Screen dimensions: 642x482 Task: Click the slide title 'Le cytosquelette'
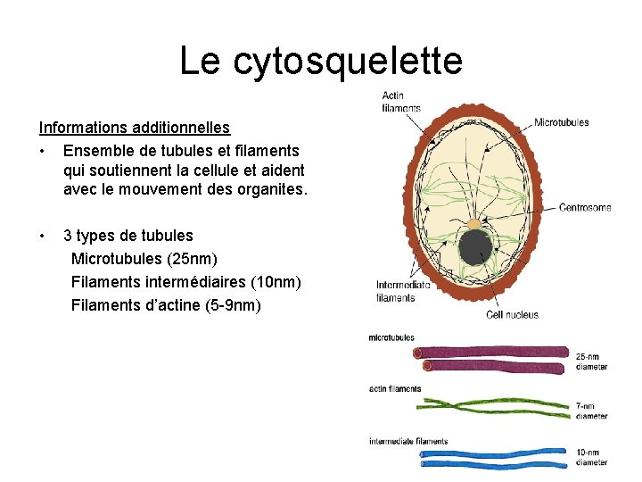(321, 61)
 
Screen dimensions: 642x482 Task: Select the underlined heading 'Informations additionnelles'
(134, 129)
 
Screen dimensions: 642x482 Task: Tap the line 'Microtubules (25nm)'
(156, 259)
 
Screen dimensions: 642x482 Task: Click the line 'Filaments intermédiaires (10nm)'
(185, 282)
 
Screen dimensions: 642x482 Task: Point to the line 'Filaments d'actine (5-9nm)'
(166, 305)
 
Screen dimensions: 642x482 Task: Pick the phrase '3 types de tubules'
(128, 236)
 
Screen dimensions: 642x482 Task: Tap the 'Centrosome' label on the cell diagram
(585, 208)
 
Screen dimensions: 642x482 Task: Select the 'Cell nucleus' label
(512, 314)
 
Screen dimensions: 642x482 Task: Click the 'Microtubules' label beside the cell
(561, 122)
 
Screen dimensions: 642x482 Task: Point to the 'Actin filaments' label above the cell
(400, 102)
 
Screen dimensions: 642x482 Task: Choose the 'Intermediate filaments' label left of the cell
(403, 292)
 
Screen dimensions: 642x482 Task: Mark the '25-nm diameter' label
(591, 361)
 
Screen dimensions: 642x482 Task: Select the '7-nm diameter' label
(591, 411)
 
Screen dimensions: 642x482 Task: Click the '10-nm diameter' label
(591, 457)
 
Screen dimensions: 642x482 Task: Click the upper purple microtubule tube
(490, 352)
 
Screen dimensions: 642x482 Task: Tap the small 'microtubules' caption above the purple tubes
(391, 337)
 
